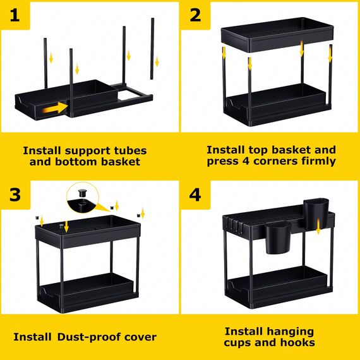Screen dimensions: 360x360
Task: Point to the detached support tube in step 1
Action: [x=152, y=48]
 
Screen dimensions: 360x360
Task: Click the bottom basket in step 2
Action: [x=277, y=101]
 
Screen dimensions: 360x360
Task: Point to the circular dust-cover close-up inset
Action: [x=83, y=200]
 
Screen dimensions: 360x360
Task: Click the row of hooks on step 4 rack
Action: [x=236, y=223]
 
